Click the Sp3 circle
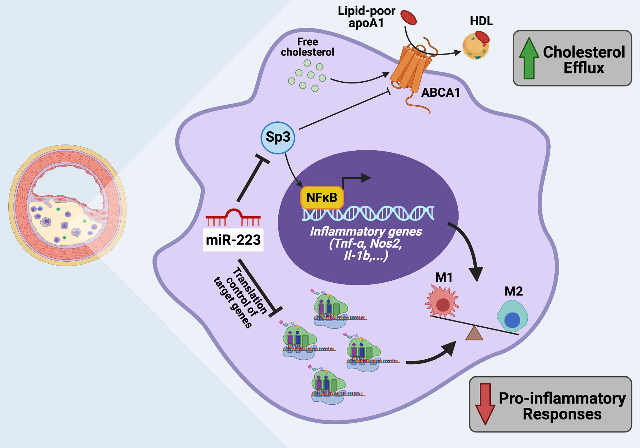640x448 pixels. [278, 137]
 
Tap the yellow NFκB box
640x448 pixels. [322, 197]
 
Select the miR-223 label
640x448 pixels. [233, 240]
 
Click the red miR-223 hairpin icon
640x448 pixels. [233, 217]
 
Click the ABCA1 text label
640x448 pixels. [441, 93]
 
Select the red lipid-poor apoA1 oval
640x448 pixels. [408, 17]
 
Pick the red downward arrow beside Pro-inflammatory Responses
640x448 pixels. [485, 403]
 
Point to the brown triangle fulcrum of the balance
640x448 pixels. [474, 334]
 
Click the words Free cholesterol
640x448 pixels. [307, 47]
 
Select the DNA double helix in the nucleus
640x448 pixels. [368, 213]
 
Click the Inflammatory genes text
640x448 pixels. [366, 232]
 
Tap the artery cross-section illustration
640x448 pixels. [67, 205]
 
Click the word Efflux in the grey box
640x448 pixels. [584, 68]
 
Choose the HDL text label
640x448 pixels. [481, 21]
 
